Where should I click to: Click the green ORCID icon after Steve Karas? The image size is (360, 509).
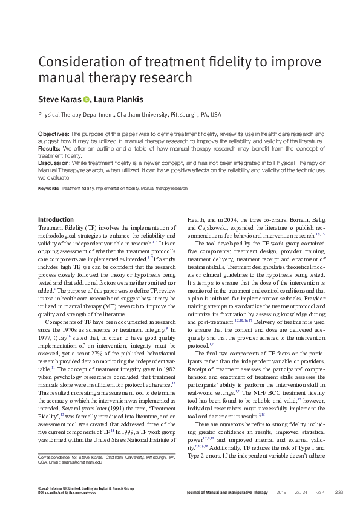[x=86, y=99]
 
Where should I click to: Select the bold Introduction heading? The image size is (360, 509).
[x=56, y=219]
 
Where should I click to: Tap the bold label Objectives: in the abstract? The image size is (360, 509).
[x=54, y=133]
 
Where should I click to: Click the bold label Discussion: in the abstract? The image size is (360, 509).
[x=55, y=163]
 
